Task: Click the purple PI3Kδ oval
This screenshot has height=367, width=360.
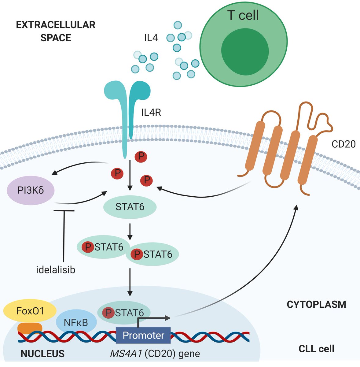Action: pos(31,190)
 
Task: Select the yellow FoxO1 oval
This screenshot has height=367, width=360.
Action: pos(30,311)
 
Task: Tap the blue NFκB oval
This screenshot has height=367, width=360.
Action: pos(76,322)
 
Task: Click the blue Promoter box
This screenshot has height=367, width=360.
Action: pos(143,335)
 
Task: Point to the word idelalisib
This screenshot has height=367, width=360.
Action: pos(55,270)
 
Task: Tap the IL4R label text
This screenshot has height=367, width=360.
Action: pos(151,113)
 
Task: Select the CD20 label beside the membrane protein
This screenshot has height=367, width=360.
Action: pos(343,144)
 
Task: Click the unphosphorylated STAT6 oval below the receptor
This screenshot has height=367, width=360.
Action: pos(130,207)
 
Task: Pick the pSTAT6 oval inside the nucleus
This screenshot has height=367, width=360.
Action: pos(124,313)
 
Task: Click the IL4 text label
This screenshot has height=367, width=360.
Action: pos(151,39)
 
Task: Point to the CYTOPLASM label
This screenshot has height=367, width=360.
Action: pos(316,305)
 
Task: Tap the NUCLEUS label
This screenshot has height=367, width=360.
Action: pos(42,354)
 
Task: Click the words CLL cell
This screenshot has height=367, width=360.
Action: pos(316,349)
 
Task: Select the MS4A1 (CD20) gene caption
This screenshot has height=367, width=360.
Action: pos(155,354)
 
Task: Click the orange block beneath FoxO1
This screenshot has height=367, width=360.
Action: pos(30,328)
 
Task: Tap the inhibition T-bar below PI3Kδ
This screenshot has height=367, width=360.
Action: pos(64,232)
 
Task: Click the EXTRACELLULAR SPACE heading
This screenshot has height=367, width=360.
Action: pos(56,31)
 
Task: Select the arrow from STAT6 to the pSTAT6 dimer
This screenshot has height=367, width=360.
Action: pos(130,231)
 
